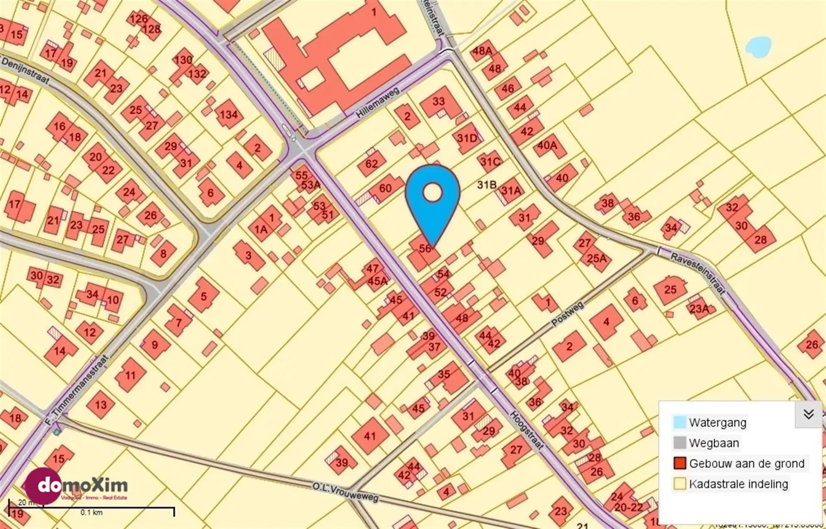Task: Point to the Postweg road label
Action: coord(567,313)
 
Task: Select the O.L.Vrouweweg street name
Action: coord(345,492)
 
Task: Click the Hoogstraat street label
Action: coord(527,430)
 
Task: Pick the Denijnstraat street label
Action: coord(25,69)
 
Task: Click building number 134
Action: coord(228,114)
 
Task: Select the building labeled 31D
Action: coord(467,138)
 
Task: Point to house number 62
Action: coord(371,164)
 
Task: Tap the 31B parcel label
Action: coord(487,185)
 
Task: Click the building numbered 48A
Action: coord(482,51)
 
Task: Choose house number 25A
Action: coord(597,258)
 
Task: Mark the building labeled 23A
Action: coord(699,308)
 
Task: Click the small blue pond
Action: coord(758,46)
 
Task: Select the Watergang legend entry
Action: coord(717,422)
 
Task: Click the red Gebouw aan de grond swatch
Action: coord(680,463)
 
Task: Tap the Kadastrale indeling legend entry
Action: coord(738,484)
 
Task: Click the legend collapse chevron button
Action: coord(808,414)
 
